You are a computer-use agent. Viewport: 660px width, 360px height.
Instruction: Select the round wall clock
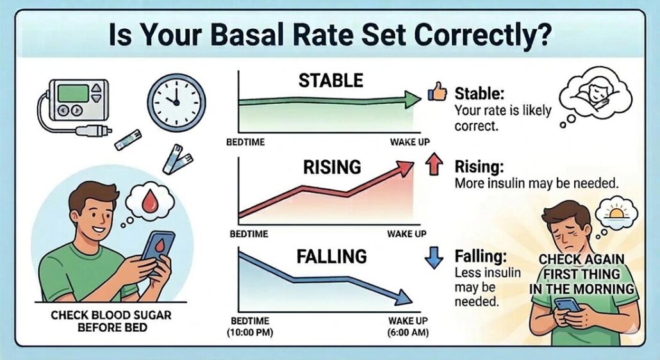pos(176,102)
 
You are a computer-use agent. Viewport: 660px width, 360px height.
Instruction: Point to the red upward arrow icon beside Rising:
pos(434,167)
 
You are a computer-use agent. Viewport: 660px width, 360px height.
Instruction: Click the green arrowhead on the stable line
pos(410,98)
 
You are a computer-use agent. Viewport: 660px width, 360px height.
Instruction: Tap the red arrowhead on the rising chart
pos(405,168)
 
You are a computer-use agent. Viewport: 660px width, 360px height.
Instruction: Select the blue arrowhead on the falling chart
pos(402,297)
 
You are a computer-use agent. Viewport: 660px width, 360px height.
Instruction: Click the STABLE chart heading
pos(331,80)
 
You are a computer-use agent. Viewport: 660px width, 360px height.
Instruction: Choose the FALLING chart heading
pos(331,257)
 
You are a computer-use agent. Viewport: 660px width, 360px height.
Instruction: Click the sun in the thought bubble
pos(616,211)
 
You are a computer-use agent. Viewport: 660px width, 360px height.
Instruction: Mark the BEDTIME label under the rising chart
pos(247,234)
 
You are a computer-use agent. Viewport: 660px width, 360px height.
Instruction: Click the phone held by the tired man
pos(568,304)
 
